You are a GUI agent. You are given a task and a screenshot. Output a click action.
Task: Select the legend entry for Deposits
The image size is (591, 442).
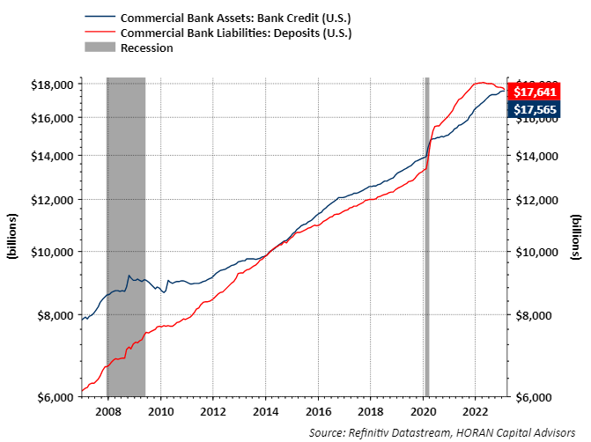coord(236,33)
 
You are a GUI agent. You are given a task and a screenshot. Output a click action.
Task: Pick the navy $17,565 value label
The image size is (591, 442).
coord(534,108)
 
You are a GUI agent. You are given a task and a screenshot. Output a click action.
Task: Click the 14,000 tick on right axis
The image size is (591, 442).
coord(536,156)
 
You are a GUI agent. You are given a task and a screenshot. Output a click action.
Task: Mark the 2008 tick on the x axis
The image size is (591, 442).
coord(107,410)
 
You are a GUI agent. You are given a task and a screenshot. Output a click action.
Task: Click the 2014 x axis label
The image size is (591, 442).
coord(265,410)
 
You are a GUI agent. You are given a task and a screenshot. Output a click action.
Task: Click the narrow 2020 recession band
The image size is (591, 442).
coord(426,238)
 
